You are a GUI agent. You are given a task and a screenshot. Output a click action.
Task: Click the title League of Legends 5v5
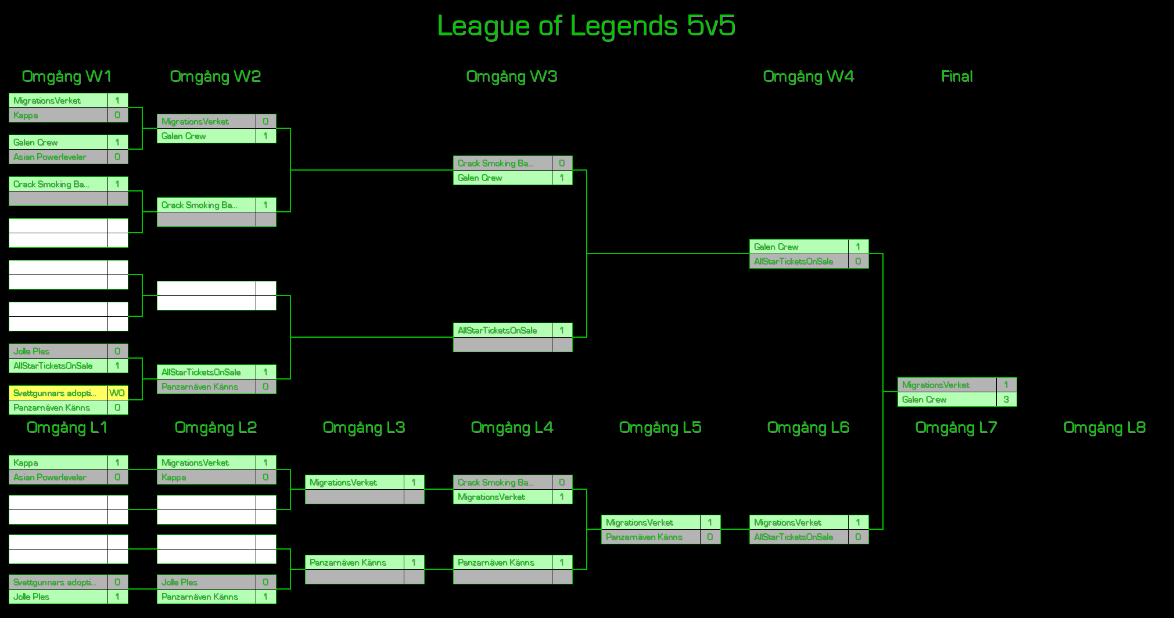coord(586,26)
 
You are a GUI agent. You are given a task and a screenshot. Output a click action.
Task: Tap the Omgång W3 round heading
coord(511,77)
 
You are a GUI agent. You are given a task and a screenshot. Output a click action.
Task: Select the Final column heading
coord(956,77)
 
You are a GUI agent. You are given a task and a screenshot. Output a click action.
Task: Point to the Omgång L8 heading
coord(1104,428)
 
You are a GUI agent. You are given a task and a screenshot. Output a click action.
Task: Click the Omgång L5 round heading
coord(660,428)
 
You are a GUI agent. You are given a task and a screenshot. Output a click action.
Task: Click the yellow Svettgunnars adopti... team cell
coord(58,393)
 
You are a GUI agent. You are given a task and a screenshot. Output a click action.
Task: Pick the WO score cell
coord(117,393)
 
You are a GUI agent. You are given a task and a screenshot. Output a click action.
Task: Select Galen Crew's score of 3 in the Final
coord(1006,399)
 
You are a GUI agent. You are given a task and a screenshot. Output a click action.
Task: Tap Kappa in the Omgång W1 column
coord(58,115)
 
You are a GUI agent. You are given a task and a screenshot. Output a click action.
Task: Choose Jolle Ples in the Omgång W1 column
coord(58,351)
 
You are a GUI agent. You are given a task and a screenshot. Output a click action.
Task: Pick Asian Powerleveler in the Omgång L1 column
coord(58,477)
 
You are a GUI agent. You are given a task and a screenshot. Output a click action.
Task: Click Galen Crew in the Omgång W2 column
coord(206,136)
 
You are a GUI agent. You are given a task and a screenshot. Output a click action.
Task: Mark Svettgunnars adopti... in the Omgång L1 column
coord(58,582)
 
